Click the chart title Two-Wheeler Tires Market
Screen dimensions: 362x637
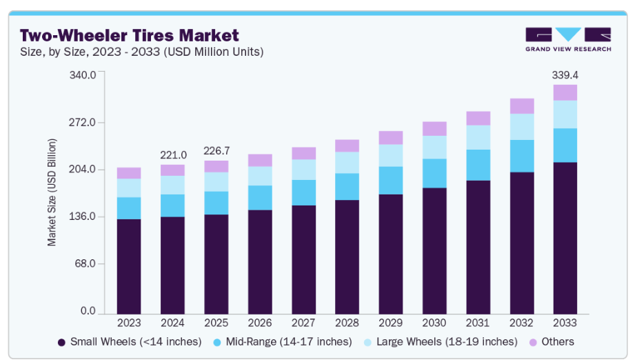point(129,35)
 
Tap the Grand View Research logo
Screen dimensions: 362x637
point(567,40)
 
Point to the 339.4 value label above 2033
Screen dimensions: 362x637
point(565,74)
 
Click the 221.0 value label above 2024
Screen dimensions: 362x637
point(172,154)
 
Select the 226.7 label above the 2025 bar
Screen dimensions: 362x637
point(216,150)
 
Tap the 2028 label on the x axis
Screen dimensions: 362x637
point(347,322)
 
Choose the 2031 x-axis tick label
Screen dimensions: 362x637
point(478,322)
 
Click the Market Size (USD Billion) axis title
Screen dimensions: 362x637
point(52,192)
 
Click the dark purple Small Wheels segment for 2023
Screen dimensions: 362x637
point(129,266)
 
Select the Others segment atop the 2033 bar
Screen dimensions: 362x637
point(565,92)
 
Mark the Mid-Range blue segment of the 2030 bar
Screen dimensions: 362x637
point(434,173)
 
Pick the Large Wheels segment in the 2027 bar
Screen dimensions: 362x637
point(303,170)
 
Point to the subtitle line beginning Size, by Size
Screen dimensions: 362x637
point(142,52)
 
